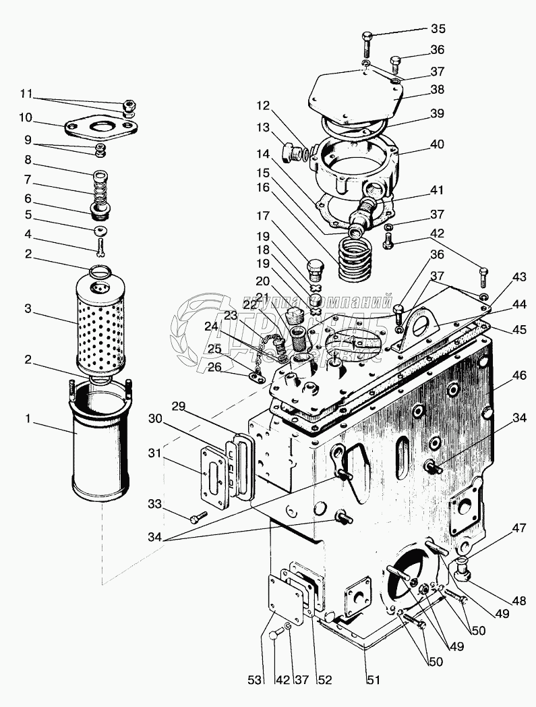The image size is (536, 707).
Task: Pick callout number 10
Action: tap(26, 117)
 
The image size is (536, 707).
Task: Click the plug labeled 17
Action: tap(316, 267)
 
